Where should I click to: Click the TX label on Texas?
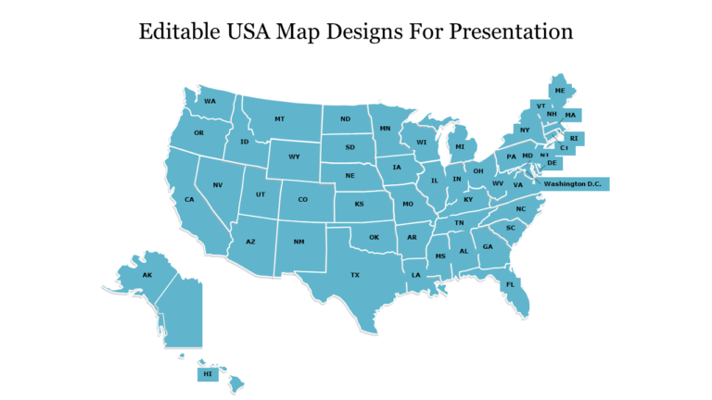354,275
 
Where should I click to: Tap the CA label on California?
189,199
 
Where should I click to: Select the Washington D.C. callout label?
573,184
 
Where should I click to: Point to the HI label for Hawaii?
207,374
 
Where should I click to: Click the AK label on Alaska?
146,275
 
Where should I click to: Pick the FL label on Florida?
510,284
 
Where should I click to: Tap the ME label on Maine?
559,91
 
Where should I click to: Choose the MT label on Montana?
279,119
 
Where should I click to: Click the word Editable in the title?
180,31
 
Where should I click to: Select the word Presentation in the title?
512,31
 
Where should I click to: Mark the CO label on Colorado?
302,199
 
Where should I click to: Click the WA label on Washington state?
210,101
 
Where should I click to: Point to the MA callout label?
570,115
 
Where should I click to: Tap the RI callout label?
574,138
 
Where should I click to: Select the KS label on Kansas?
359,205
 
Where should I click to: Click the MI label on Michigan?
459,146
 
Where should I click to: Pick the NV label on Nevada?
218,185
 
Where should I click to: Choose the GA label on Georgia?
488,246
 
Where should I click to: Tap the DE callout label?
552,163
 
